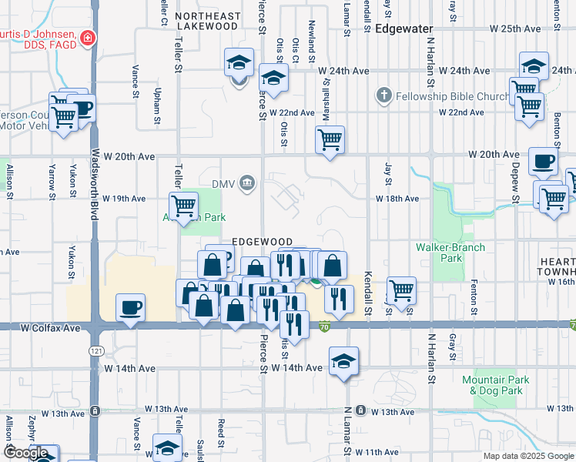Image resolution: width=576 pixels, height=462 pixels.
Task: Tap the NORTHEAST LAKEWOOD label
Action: coord(206,21)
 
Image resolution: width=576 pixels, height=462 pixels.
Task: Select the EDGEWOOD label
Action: coord(263,242)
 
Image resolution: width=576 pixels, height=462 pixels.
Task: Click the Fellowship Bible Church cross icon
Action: coord(384,96)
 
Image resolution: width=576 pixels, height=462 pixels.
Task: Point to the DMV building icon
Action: coord(247,183)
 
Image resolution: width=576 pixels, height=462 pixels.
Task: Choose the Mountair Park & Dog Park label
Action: coord(496,385)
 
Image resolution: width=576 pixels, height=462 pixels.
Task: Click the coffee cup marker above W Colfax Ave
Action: coord(130,308)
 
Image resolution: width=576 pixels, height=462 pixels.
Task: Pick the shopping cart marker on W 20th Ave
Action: coord(330,139)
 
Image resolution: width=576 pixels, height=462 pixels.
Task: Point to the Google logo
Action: coord(26,453)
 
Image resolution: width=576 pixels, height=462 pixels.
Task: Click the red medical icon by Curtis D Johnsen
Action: coord(88,36)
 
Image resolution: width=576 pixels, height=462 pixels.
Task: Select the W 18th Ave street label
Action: coord(397,199)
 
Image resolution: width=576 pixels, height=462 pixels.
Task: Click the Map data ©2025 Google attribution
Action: coord(527,456)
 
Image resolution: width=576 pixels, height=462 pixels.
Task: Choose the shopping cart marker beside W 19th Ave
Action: coord(184,206)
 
